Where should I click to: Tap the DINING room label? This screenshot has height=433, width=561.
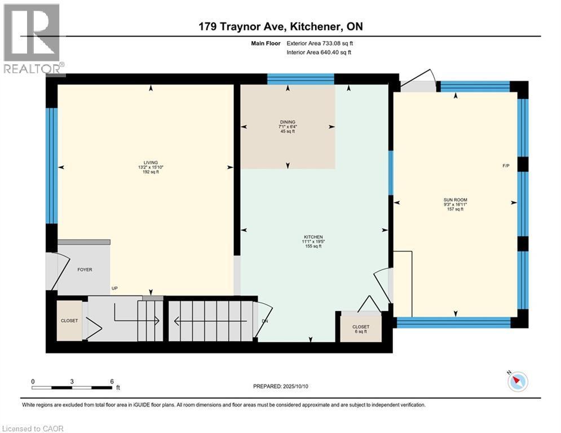(288, 122)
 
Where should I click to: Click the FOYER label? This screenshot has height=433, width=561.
(85, 269)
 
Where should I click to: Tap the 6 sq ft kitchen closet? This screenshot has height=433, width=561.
(361, 327)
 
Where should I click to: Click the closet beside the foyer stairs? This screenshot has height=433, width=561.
(70, 320)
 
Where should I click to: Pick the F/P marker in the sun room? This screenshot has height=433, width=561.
(506, 166)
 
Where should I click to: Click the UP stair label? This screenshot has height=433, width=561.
(114, 288)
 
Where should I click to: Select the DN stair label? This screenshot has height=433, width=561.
(265, 321)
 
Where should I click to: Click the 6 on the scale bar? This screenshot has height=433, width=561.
(112, 381)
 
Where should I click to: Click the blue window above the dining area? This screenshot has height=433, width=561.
(300, 79)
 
